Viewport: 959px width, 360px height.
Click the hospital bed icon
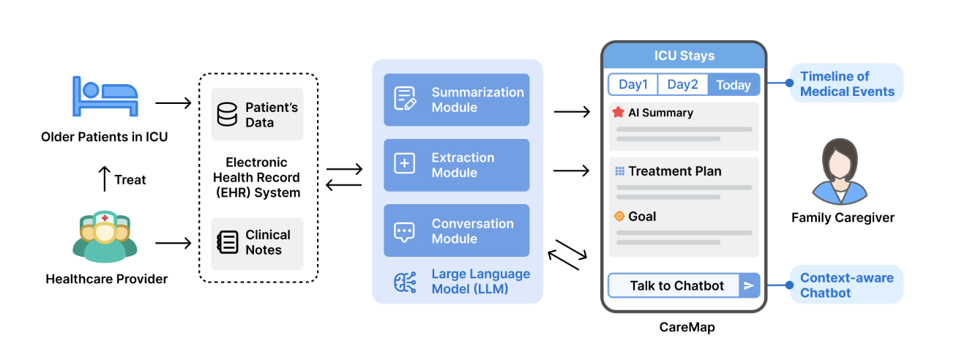105,95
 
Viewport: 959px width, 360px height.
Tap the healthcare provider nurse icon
105,236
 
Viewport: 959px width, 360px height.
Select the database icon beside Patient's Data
228,115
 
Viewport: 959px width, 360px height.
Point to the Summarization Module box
456,100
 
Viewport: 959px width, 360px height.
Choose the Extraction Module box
456,165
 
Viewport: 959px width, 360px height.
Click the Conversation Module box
456,230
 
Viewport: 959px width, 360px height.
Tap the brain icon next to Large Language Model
405,282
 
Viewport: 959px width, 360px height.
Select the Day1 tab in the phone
633,85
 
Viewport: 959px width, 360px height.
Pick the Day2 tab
682,85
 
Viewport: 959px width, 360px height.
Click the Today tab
734,85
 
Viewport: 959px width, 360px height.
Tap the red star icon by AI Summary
618,113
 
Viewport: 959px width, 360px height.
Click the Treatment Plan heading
674,171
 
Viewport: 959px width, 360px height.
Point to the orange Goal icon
619,216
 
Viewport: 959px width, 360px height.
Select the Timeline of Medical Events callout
847,84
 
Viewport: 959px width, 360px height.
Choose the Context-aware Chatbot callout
847,285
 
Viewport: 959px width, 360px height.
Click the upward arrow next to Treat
104,179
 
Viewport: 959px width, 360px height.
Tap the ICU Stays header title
684,56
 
